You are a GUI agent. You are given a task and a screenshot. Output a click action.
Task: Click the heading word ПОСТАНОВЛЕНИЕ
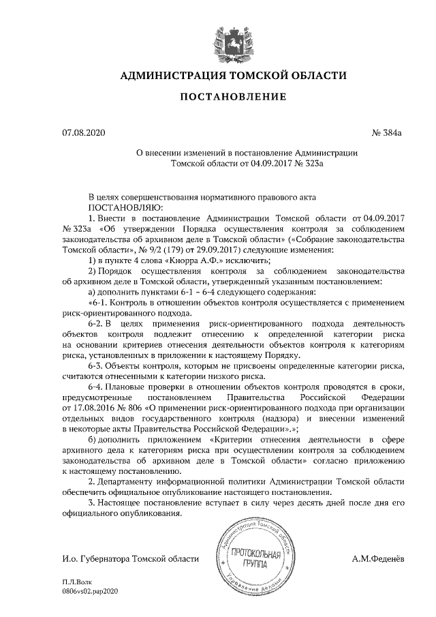click(x=232, y=97)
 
